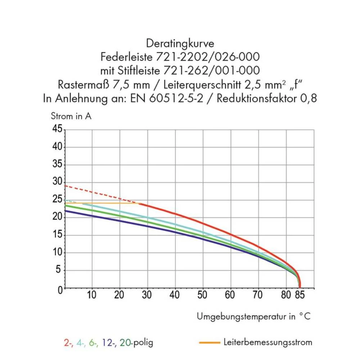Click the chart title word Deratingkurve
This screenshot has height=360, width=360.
click(x=180, y=44)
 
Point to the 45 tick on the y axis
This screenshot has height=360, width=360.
click(x=58, y=129)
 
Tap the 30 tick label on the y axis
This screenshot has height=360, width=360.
click(x=58, y=182)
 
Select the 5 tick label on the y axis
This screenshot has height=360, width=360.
click(x=60, y=270)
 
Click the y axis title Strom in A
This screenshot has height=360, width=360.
click(x=71, y=117)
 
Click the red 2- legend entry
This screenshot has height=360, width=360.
click(x=68, y=342)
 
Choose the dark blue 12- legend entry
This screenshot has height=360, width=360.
click(x=109, y=342)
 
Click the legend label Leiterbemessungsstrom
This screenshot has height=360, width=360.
click(x=267, y=342)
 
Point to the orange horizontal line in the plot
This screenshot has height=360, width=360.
click(x=108, y=203)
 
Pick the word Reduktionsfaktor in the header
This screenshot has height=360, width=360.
click(x=257, y=98)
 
